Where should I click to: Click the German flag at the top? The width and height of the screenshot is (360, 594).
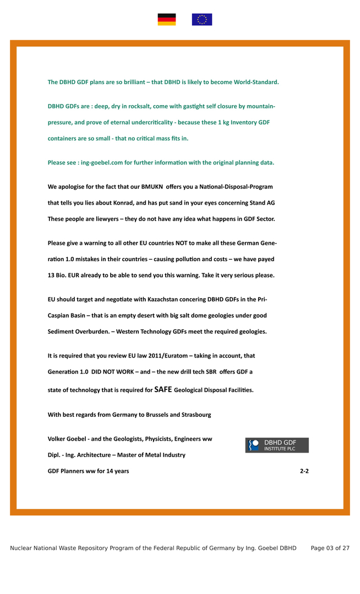pos(167,20)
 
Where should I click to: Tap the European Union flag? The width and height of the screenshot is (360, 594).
pos(201,20)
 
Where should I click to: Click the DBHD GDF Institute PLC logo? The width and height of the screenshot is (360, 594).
pos(277,445)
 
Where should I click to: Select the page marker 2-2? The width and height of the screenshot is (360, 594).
pos(304,471)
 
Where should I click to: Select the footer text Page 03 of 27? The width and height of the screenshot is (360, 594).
pos(330,548)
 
